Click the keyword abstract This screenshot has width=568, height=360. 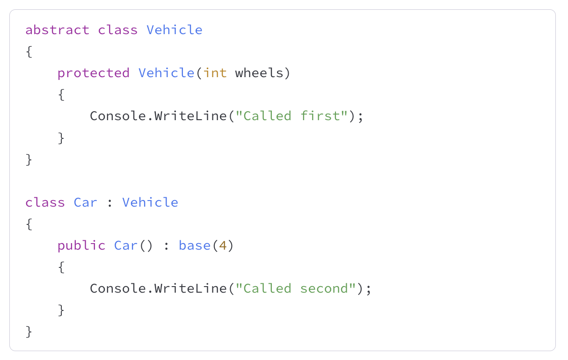pyautogui.click(x=57, y=30)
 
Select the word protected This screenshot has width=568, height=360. pyautogui.click(x=93, y=73)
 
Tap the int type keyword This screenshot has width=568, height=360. pyautogui.click(x=215, y=73)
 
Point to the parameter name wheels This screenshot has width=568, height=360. pyautogui.click(x=259, y=73)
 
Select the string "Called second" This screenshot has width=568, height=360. pyautogui.click(x=295, y=288)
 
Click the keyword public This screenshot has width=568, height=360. pyautogui.click(x=81, y=245)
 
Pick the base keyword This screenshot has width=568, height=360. pyautogui.click(x=195, y=245)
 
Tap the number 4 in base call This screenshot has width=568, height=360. pyautogui.click(x=223, y=245)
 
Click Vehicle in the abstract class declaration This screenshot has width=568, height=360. pyautogui.click(x=175, y=30)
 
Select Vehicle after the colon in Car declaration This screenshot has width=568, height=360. pyautogui.click(x=150, y=202)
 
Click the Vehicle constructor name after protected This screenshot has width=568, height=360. pyautogui.click(x=166, y=73)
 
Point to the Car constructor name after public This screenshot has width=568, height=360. pyautogui.click(x=126, y=245)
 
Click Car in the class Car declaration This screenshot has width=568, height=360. pyautogui.click(x=86, y=202)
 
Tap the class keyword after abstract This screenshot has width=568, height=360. pyautogui.click(x=118, y=30)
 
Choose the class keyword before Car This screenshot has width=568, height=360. pyautogui.click(x=45, y=202)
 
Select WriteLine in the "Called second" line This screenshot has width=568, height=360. pyautogui.click(x=190, y=288)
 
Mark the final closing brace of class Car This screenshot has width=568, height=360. pyautogui.click(x=29, y=331)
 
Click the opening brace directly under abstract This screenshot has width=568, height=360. pyautogui.click(x=29, y=51)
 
